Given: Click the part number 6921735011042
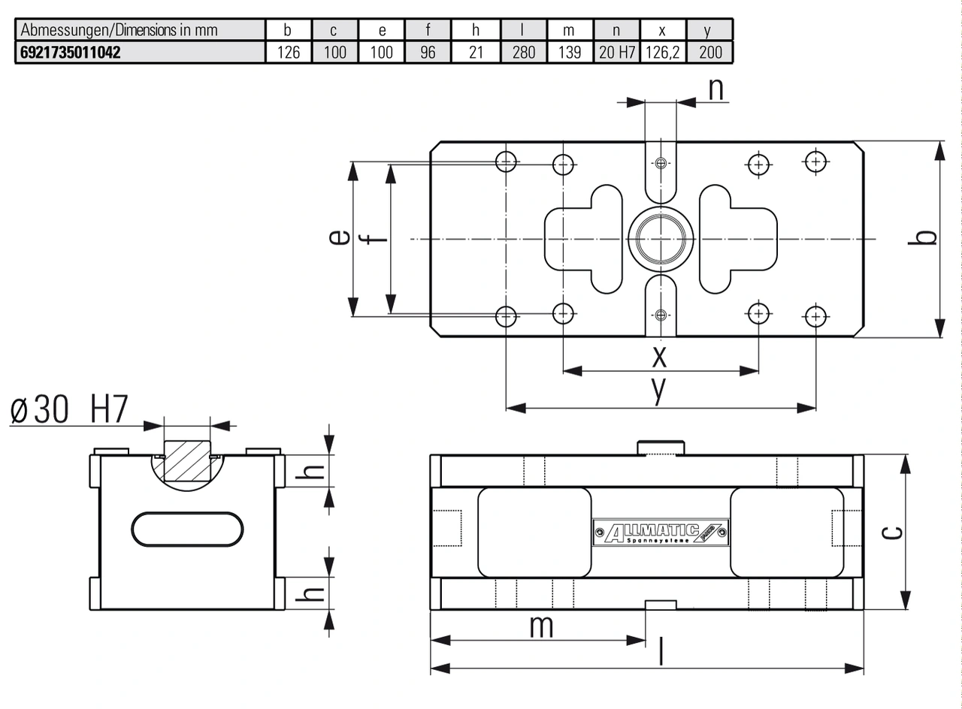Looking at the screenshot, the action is tap(71, 53).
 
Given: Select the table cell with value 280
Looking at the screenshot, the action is tap(524, 53).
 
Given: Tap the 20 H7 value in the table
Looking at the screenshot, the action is tap(617, 53).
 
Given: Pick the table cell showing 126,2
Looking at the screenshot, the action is tap(663, 53).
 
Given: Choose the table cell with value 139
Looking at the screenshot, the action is tap(570, 53).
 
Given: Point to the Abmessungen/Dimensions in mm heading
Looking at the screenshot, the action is tap(119, 30).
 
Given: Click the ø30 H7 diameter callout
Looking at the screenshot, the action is tap(69, 409).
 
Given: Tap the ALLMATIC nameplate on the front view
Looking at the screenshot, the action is tap(661, 533).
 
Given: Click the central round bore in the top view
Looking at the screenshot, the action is tap(661, 239).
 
